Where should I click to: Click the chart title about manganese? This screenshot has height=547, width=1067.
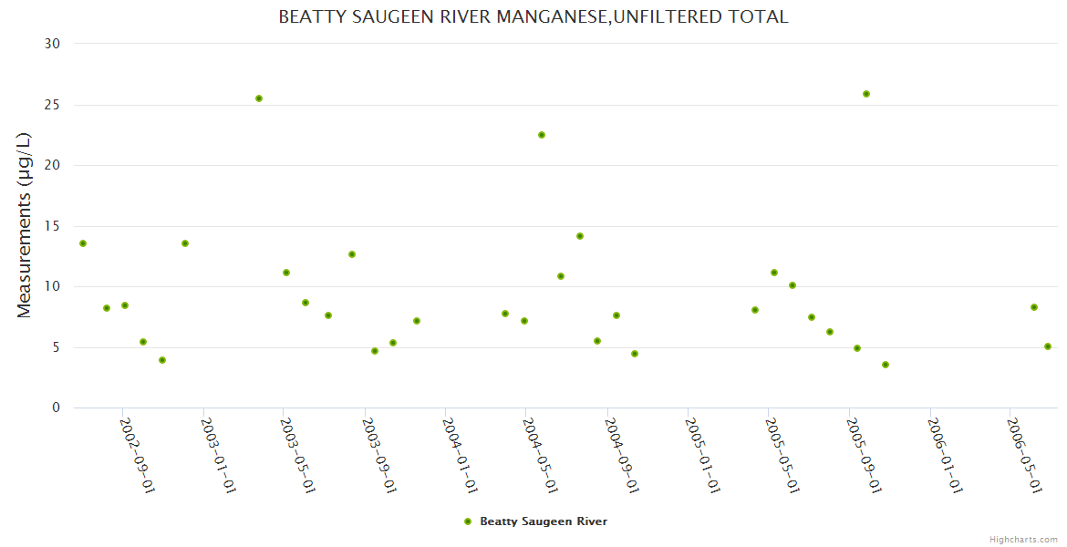coord(533,17)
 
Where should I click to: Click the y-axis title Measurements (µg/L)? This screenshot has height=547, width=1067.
coord(25,225)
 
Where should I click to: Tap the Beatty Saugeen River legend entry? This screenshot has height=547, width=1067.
coord(534,521)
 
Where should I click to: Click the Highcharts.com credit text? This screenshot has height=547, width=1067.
coord(1023,540)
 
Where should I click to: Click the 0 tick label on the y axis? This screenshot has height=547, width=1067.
coord(57,408)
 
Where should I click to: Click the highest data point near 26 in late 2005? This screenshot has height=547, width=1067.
coord(866,94)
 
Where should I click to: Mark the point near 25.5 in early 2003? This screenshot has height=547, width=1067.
coord(259,98)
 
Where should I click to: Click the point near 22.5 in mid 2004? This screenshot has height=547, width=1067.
coord(542,135)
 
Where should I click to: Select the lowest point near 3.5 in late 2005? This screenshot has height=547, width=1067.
coord(886,365)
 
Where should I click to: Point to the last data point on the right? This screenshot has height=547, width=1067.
coord(1048,346)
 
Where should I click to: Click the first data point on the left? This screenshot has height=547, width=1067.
coord(83,243)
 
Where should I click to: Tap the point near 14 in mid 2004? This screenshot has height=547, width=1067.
coord(580,236)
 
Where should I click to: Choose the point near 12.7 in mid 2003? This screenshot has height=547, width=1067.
coord(352,254)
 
